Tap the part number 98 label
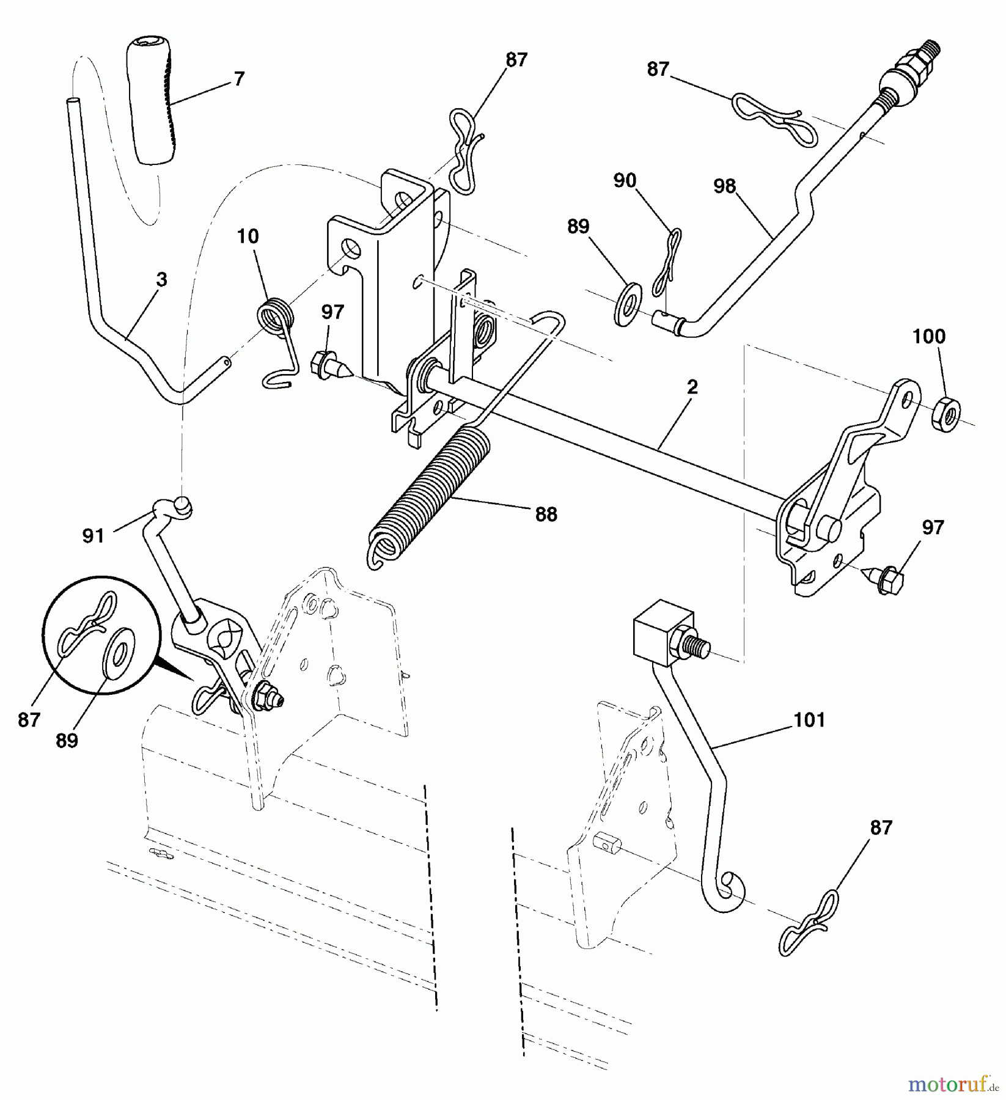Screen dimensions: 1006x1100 pos(724,186)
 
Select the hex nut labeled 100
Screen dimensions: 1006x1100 pos(945,416)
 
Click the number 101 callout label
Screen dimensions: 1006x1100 pos(809,721)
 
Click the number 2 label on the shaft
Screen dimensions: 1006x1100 pos(692,386)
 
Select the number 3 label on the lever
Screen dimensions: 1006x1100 pos(161,280)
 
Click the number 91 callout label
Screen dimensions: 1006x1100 pos(94,536)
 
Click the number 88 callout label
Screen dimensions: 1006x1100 pos(546,515)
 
